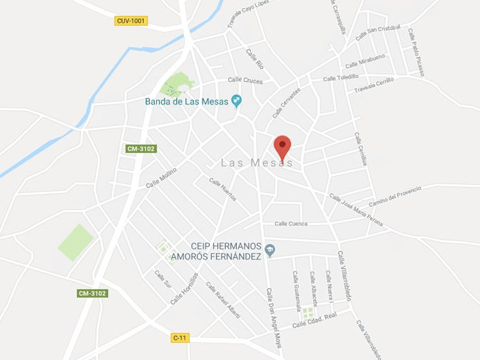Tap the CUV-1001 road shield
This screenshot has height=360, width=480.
131,21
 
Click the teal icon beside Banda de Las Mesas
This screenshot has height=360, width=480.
236,101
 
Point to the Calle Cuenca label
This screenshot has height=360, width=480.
291,224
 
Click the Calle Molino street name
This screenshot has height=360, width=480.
161,178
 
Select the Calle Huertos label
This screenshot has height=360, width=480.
223,189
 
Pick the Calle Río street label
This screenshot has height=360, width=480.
255,59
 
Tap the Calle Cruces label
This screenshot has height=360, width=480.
245,80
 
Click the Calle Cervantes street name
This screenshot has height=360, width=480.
286,102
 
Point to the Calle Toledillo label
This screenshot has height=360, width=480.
341,77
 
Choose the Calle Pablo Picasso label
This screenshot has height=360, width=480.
416,52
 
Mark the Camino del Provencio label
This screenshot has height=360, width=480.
395,196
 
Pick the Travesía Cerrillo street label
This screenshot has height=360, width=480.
374,85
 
